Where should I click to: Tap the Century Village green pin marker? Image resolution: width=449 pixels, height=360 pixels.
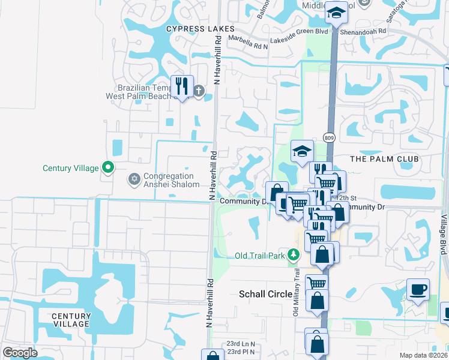tap(108, 167)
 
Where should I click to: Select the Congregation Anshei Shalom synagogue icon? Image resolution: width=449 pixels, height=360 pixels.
tap(134, 179)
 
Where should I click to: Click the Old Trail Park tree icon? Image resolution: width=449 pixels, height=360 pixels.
tap(294, 256)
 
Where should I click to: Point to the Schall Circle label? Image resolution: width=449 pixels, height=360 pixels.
tap(265, 294)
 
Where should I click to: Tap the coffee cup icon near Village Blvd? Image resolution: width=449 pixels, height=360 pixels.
tap(418, 290)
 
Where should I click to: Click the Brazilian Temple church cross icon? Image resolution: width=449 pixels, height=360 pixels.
tap(199, 91)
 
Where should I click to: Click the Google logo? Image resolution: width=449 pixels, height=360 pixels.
tap(20, 353)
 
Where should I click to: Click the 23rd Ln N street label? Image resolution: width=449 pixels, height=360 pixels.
tap(241, 344)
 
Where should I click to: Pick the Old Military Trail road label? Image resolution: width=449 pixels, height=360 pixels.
tap(296, 293)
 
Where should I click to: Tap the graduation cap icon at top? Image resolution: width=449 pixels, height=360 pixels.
tap(337, 13)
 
